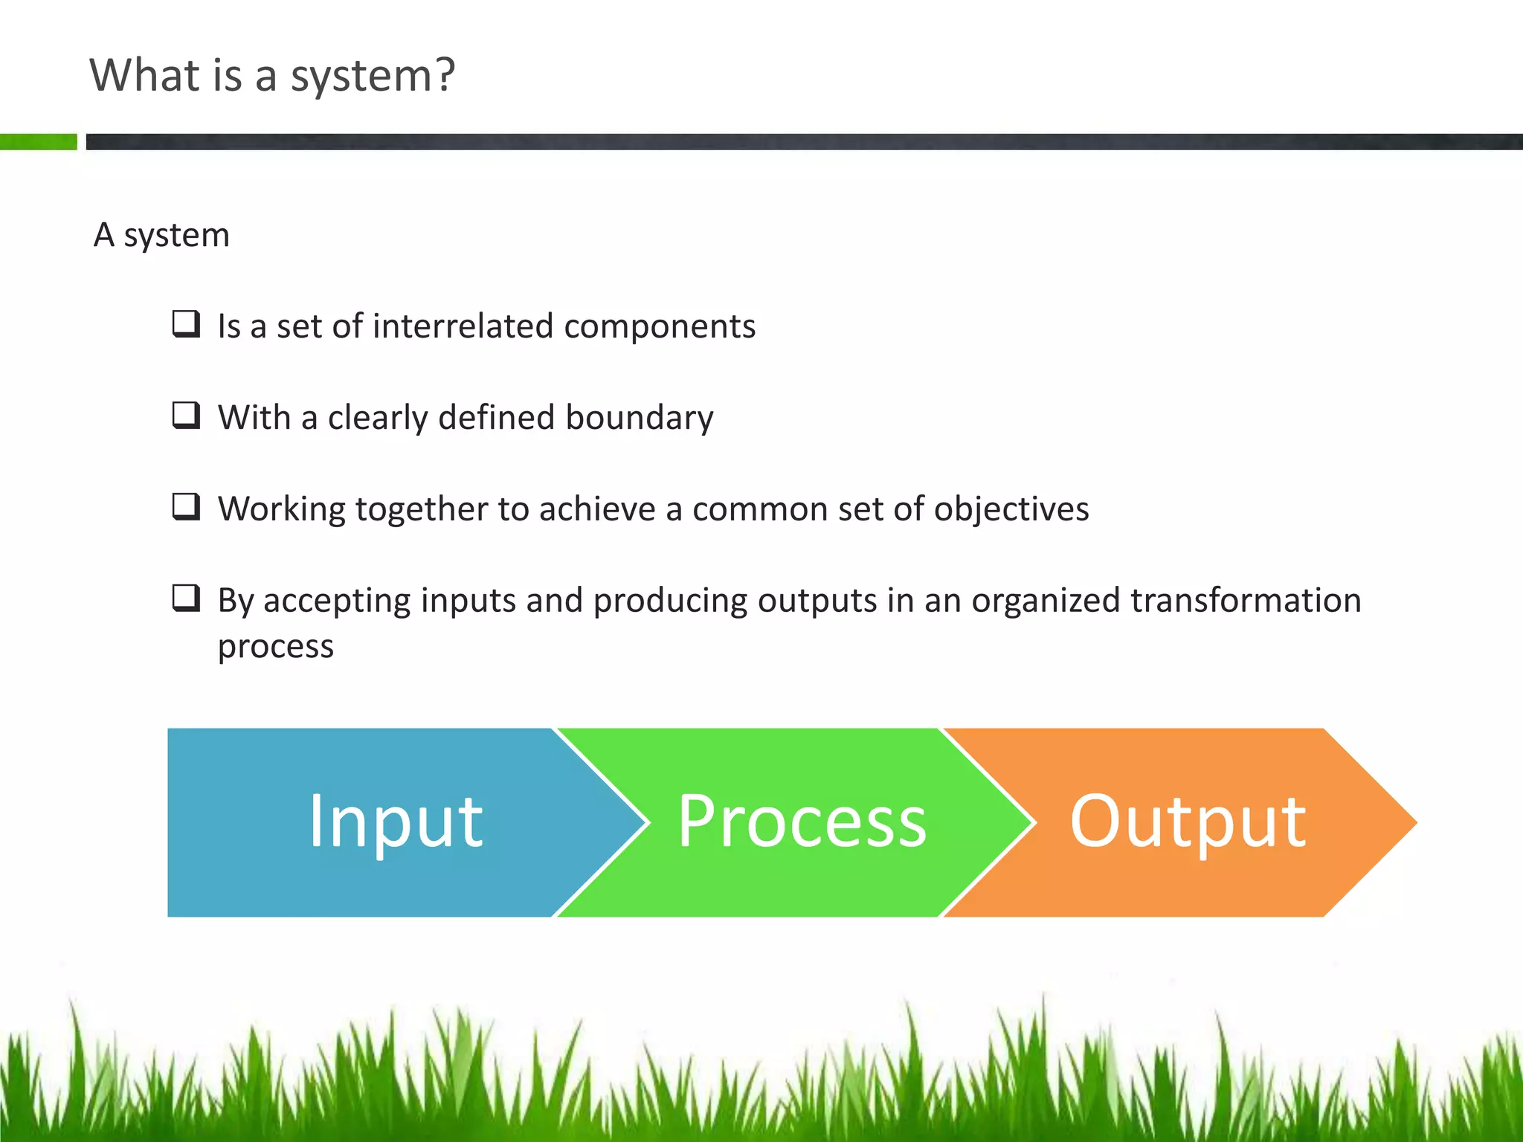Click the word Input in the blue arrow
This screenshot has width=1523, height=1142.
(396, 822)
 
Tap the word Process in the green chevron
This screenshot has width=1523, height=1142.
(802, 822)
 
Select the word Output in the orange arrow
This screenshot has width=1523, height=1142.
(1188, 822)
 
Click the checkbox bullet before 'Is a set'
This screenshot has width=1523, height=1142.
(186, 324)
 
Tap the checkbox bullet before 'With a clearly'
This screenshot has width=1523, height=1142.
(186, 416)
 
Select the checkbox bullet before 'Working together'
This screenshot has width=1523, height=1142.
(186, 507)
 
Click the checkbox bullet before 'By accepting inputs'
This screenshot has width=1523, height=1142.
(186, 599)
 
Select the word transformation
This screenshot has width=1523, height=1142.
(1246, 600)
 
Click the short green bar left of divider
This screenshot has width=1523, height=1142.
(38, 141)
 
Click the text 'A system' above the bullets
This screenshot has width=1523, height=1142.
(161, 236)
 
